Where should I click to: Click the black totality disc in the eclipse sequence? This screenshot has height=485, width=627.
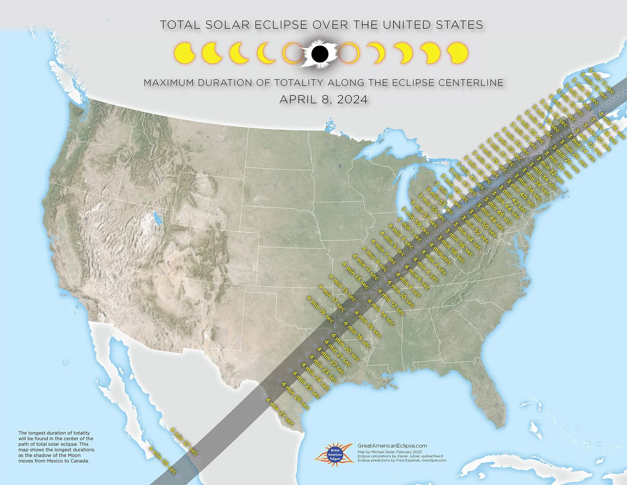click(x=320, y=54)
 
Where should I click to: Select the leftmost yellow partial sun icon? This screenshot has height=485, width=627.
click(x=184, y=53)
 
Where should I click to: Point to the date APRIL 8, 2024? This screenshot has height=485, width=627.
click(x=324, y=100)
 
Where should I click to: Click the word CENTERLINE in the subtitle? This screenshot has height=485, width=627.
click(x=471, y=83)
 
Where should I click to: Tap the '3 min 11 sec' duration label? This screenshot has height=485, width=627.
click(x=602, y=80)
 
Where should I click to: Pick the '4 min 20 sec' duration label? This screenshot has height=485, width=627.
click(x=345, y=347)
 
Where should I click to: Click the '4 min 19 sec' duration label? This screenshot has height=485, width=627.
click(x=320, y=309)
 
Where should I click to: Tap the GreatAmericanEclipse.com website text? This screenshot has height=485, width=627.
click(x=392, y=446)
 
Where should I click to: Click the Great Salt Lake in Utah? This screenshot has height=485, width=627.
click(x=157, y=218)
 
